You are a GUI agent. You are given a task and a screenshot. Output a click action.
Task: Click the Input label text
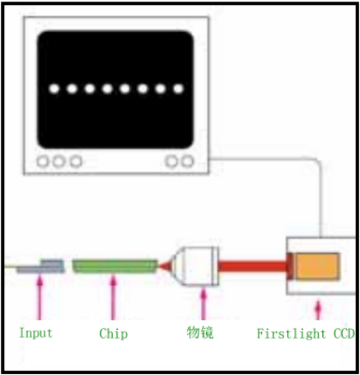click(35, 334)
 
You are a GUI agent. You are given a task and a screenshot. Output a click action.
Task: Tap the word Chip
click(114, 334)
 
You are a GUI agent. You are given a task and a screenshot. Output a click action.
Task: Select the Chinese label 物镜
click(200, 333)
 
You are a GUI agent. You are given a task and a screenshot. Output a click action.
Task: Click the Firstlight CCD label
click(306, 334)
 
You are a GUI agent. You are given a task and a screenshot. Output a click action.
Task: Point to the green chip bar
click(115, 266)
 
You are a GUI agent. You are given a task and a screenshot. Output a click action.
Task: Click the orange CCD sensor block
click(317, 266)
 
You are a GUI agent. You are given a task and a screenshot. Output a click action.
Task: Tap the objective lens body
click(196, 266)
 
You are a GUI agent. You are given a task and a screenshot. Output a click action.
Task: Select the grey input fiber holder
click(41, 267)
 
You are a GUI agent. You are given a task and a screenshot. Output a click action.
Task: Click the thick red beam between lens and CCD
click(253, 266)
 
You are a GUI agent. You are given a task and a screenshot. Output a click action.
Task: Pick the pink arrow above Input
click(40, 298)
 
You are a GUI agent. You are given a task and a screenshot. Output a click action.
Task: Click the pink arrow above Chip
click(113, 298)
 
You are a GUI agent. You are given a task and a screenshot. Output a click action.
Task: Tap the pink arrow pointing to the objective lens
click(203, 303)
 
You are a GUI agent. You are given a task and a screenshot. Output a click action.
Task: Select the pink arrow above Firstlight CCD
click(318, 310)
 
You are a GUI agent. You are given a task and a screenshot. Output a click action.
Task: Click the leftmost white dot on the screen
click(54, 88)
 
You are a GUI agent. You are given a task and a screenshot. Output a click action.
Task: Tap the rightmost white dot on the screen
click(178, 88)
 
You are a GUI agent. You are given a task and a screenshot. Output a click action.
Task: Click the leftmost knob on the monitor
click(43, 162)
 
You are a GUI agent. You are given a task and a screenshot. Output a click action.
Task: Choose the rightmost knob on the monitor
click(188, 162)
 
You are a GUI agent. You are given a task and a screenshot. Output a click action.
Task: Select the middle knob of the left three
click(58, 162)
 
